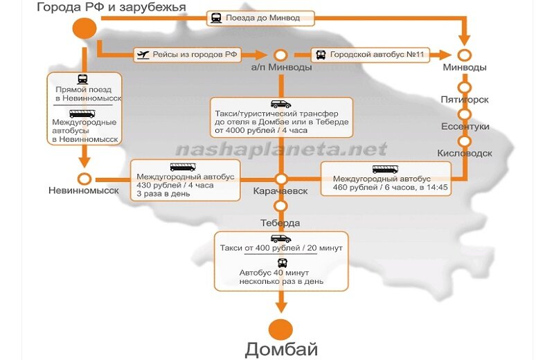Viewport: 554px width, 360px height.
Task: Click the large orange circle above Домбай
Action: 281,330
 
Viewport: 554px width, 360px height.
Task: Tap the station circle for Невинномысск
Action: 84,179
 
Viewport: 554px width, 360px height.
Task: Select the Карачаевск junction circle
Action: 281,179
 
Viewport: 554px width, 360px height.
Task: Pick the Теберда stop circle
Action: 280,206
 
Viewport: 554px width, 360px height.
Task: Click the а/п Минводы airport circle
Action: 281,55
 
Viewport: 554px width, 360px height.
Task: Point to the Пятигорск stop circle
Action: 464,87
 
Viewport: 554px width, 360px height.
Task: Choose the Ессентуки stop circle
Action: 464,114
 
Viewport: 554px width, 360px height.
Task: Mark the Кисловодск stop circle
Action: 464,141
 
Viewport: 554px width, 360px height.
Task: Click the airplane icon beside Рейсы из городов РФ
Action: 143,55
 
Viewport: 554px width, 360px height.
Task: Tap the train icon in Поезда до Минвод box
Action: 216,18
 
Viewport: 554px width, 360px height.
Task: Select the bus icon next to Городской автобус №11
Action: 321,55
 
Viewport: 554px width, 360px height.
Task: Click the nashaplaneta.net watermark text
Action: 281,150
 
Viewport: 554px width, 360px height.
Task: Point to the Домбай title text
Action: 281,349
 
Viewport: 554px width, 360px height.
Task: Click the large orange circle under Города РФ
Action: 84,28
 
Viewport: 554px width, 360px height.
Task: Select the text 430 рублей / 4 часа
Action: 175,185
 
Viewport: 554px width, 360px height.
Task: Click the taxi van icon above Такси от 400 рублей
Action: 281,238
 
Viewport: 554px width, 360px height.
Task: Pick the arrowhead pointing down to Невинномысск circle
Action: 84,162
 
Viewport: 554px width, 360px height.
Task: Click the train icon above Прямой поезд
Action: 82,79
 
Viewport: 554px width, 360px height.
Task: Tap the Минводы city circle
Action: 464,55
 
